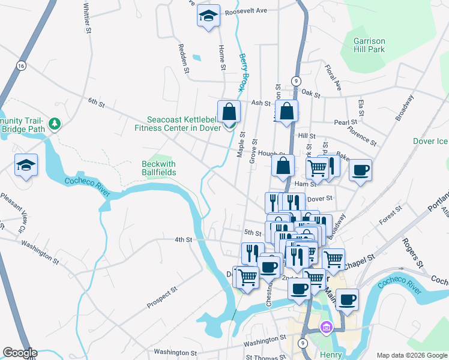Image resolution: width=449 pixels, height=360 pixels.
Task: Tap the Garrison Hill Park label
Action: tap(369, 45)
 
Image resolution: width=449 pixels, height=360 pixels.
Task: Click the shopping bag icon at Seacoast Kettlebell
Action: tap(229, 112)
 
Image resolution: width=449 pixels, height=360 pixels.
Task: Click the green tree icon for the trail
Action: tap(55, 124)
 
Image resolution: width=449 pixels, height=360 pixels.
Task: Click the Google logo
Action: tap(19, 353)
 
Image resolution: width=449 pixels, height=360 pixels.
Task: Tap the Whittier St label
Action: tap(88, 18)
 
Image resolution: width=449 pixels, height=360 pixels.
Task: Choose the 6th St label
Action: tap(96, 103)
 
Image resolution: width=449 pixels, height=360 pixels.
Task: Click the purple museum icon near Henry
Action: tap(326, 328)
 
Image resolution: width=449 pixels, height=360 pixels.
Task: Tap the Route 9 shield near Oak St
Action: tap(296, 80)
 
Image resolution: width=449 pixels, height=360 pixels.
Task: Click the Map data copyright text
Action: tap(412, 355)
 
